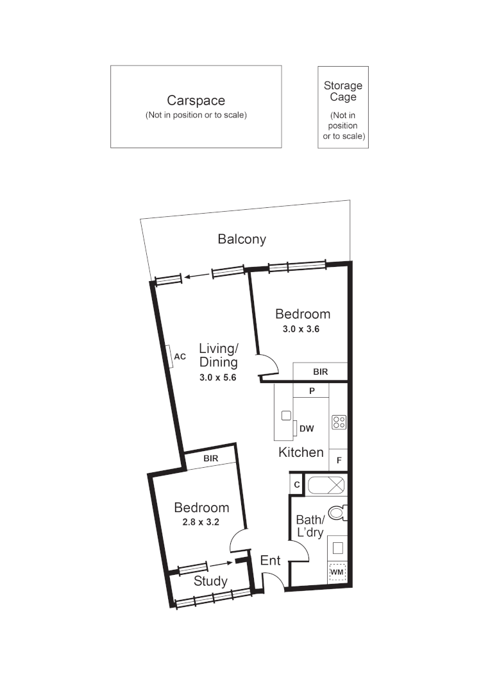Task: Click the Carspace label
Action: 196,101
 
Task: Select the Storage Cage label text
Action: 342,91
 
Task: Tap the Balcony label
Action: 242,239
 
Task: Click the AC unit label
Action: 180,357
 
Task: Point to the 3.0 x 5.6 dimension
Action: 218,378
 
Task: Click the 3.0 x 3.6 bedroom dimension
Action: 301,329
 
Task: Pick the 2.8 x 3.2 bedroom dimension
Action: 201,522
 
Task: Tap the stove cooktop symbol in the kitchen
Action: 339,422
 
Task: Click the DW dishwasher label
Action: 307,429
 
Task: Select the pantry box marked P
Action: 311,390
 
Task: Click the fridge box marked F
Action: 339,461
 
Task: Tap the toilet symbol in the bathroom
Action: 337,513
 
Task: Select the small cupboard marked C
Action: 297,485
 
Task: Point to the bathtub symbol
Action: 327,485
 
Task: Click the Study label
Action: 210,581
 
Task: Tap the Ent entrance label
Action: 270,560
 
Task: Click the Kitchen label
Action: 301,452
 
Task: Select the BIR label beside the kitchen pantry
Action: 321,372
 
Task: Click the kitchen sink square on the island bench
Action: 286,415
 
